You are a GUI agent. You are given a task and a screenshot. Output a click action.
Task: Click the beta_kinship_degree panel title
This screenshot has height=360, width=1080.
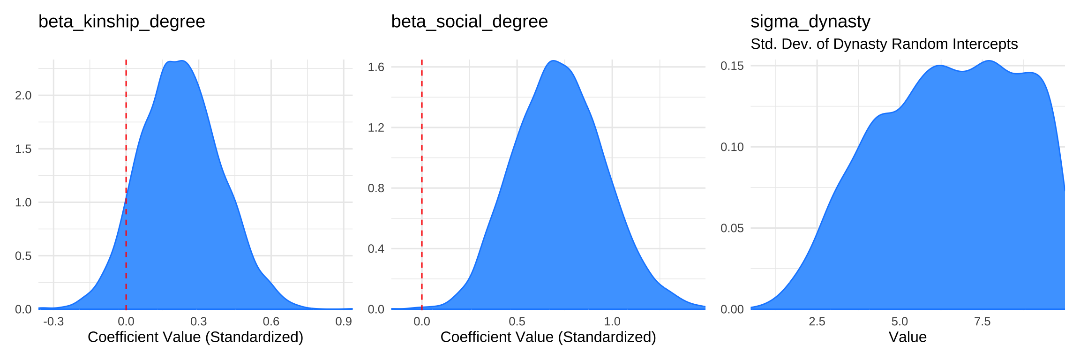121,22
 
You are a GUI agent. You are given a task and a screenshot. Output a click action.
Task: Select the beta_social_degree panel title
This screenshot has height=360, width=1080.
469,22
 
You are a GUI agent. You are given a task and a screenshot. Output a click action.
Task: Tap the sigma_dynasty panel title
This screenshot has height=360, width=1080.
810,22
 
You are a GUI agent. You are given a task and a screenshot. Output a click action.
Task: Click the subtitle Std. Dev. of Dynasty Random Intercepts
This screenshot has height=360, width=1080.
884,44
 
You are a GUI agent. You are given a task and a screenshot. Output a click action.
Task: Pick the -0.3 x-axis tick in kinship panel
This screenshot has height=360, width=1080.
53,322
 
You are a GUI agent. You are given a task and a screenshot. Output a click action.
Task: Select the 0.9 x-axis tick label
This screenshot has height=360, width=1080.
344,322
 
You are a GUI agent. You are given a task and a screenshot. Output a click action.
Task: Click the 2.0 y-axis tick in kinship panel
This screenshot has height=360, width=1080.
23,96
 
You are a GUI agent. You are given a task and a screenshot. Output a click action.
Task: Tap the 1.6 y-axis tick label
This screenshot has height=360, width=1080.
376,67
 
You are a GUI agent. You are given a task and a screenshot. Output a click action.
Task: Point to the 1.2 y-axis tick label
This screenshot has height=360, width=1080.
376,127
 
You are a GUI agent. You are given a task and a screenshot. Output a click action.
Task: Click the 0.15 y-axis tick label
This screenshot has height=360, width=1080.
732,66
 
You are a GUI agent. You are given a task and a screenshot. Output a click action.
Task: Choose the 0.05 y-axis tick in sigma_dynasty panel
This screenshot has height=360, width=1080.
732,228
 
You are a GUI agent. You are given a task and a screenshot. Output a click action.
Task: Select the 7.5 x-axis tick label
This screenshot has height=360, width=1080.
982,322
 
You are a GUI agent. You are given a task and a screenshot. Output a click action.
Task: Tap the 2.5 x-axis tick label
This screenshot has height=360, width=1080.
817,322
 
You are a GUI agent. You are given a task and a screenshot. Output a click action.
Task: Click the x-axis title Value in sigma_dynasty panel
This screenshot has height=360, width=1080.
907,337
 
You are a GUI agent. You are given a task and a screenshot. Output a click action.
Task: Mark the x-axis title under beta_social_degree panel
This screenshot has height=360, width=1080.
548,337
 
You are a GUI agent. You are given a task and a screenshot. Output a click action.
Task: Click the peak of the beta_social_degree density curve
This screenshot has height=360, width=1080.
554,61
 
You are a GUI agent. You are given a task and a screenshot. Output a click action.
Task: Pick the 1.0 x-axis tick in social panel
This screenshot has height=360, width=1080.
612,322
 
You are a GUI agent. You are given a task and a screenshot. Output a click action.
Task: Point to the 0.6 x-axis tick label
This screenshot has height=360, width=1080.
271,322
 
